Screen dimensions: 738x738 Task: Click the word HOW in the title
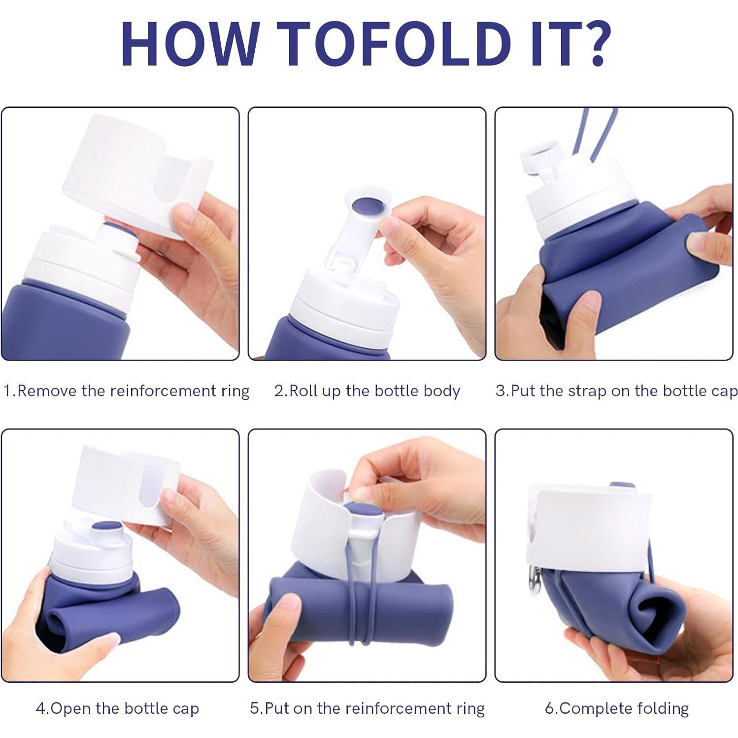189,44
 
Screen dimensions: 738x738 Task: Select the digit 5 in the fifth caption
255,709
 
